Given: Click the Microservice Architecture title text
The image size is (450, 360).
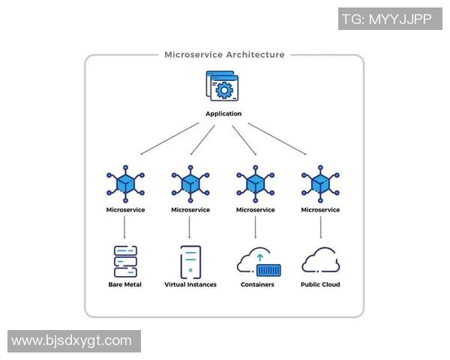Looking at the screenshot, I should coord(224,55).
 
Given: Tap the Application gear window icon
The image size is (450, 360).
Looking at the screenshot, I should coord(223,87).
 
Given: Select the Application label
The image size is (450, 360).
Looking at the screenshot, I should coord(223,114).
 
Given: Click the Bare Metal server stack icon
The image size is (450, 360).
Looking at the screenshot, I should coord(125,262).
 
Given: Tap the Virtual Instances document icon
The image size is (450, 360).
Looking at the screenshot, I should coord(190,262).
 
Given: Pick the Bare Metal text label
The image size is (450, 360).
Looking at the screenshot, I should coord(125,285).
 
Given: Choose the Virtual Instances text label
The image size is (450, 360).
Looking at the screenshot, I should coord(190,285).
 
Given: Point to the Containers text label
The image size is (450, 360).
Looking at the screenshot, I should coord(257,285).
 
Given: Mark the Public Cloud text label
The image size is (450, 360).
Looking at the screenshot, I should coord(320,285).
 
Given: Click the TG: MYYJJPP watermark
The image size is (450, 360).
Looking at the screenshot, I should coord(386,19).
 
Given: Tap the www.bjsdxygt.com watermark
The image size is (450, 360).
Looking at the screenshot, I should coord(72,340).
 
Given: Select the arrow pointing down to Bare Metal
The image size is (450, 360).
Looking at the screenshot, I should coord(125,228).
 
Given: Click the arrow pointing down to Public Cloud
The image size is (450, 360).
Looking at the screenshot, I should coord(320,228).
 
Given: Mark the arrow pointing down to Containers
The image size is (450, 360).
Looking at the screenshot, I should coord(256,228).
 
